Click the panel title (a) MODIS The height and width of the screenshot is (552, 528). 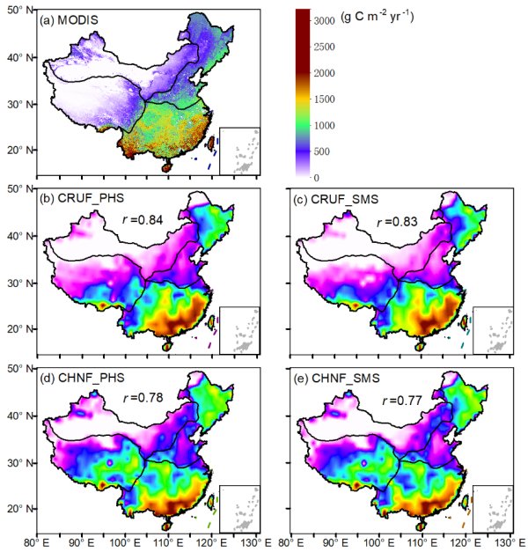tap(74, 19)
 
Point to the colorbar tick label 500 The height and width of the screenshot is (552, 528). tap(326, 151)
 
